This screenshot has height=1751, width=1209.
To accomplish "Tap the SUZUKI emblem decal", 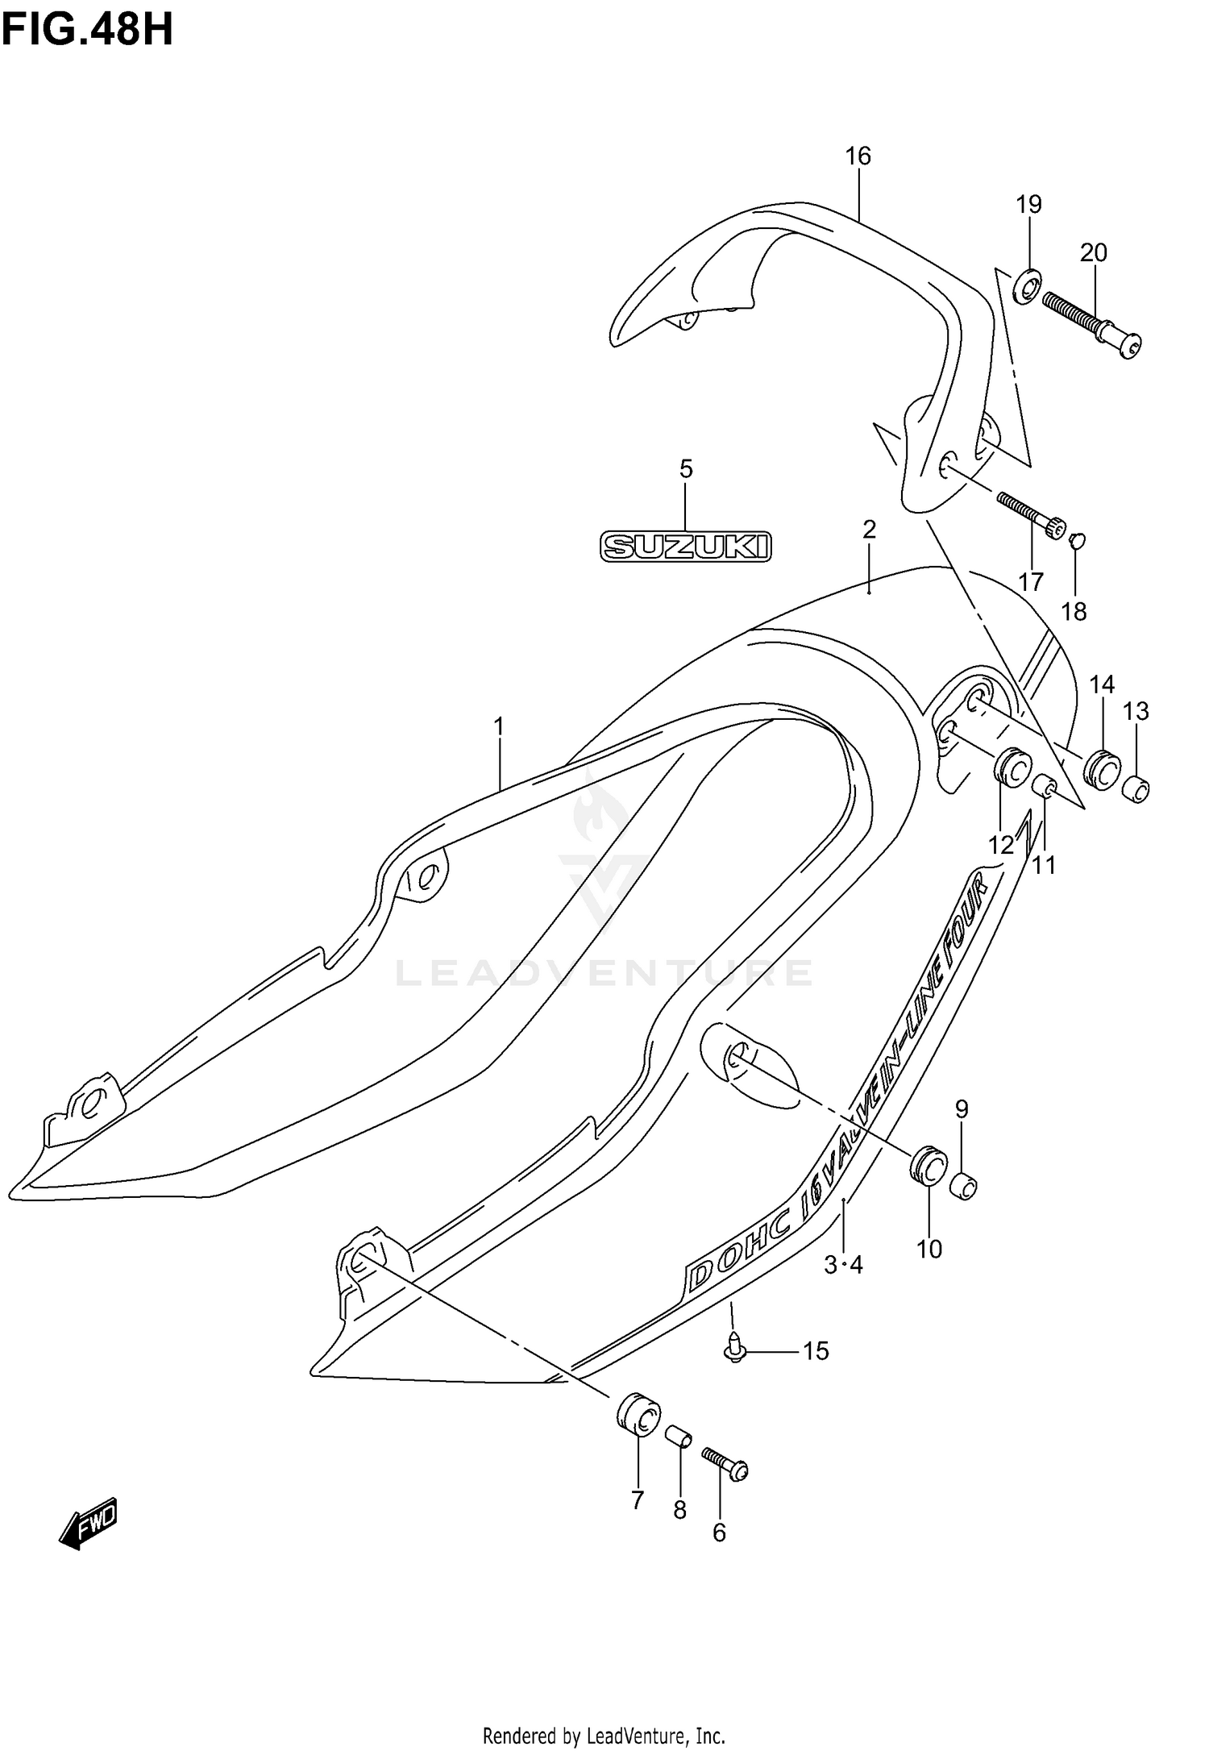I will point(686,547).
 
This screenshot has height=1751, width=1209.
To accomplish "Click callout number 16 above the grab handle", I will point(858,156).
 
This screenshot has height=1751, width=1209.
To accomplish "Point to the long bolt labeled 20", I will point(1091,322).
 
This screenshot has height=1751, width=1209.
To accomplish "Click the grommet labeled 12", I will point(1012,766).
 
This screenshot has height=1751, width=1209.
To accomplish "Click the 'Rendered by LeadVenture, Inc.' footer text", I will point(604,1728).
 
